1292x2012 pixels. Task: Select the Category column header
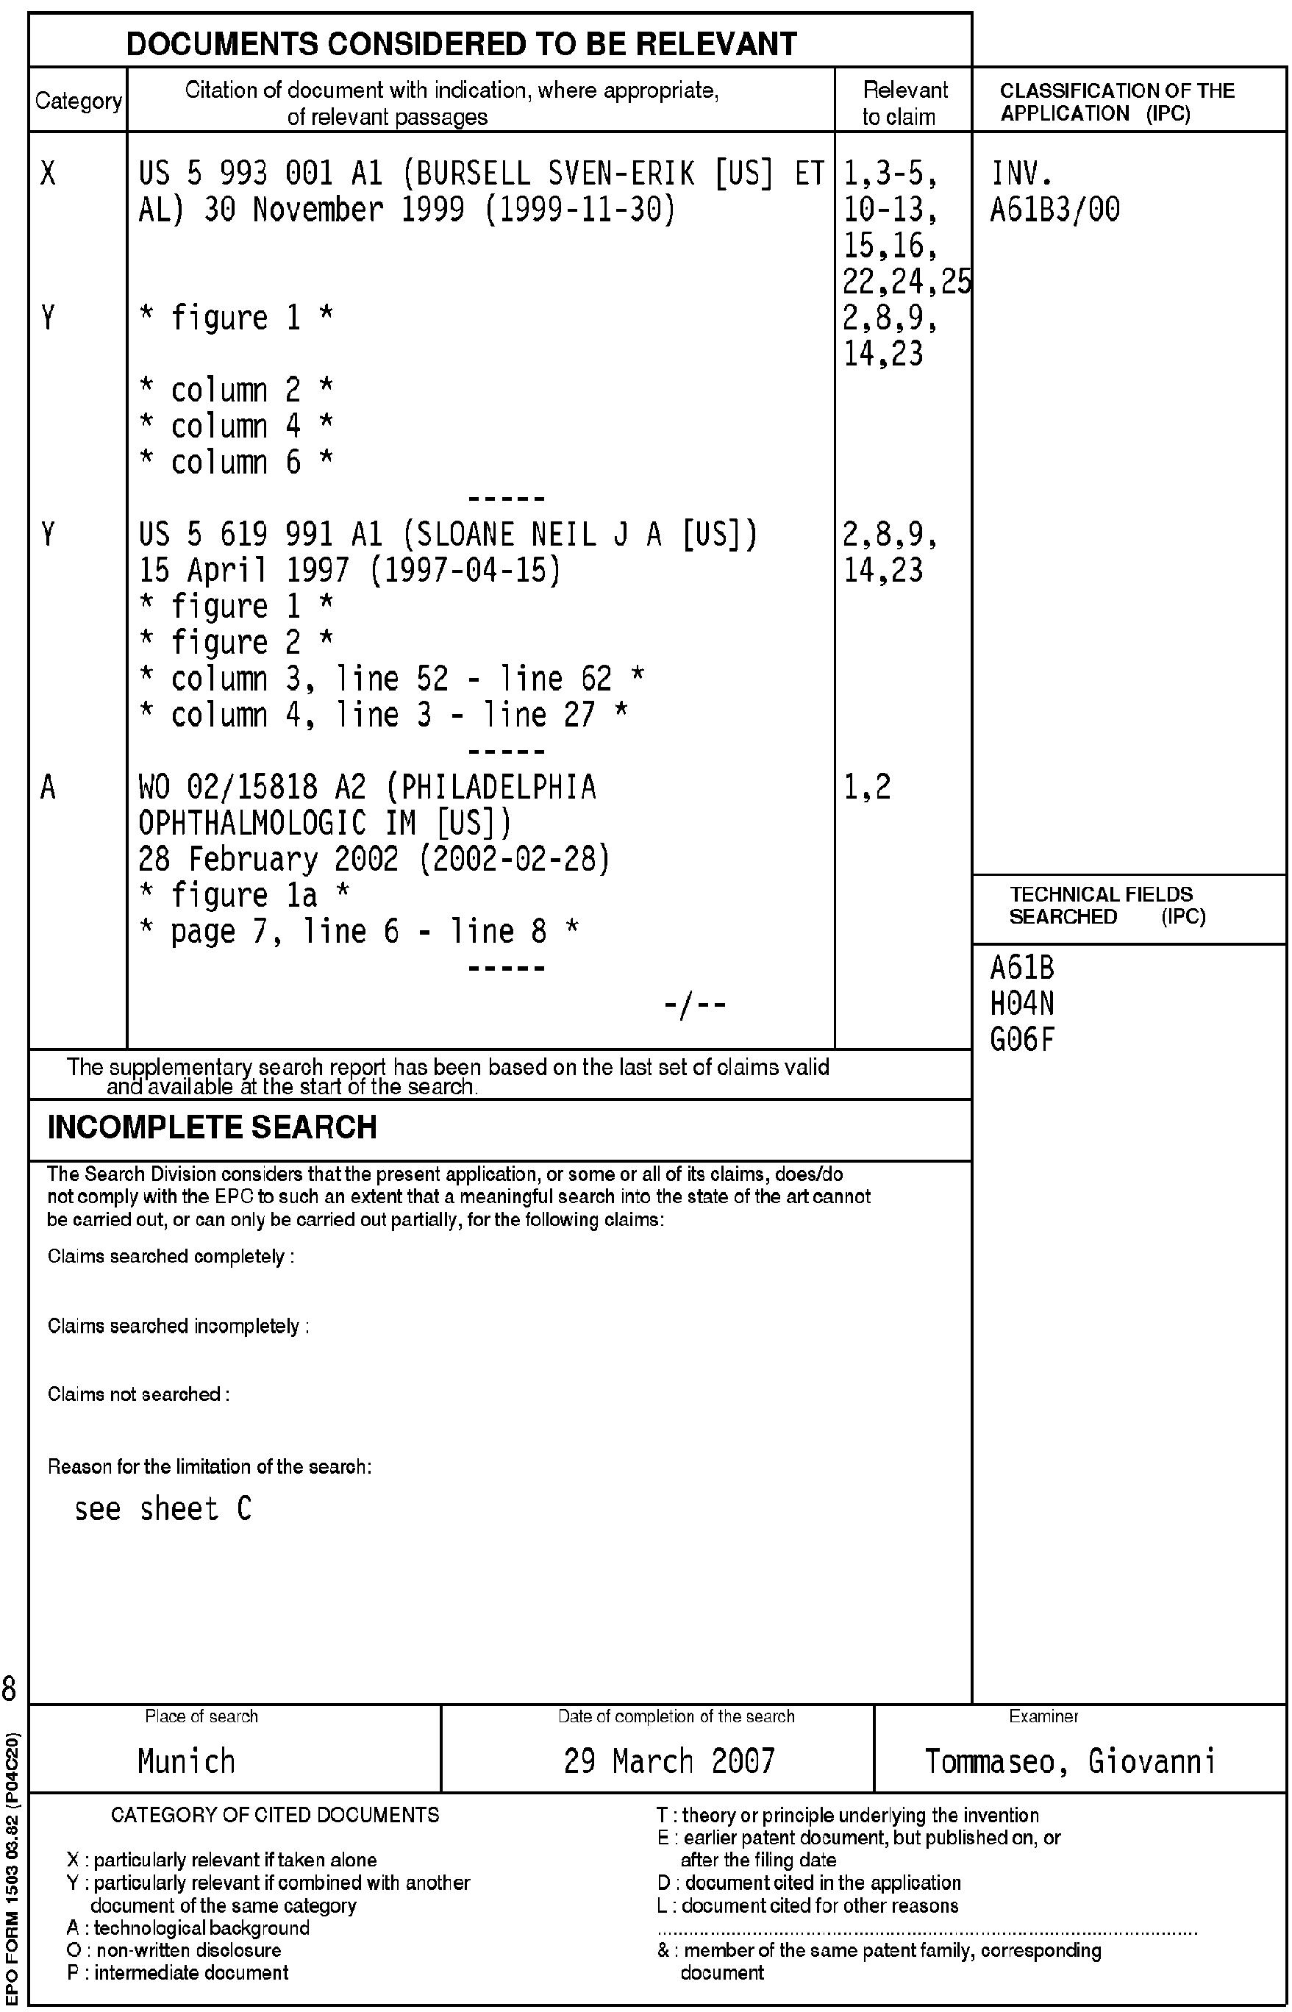pyautogui.click(x=78, y=101)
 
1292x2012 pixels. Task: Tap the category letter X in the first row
pyautogui.click(x=49, y=174)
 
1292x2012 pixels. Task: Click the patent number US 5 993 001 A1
pyautogui.click(x=260, y=174)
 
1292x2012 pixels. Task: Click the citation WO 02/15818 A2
pyautogui.click(x=251, y=787)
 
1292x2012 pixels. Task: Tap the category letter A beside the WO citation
pyautogui.click(x=49, y=787)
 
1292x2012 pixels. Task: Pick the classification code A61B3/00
pyautogui.click(x=1054, y=210)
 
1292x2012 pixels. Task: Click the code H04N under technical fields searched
pyautogui.click(x=1022, y=1004)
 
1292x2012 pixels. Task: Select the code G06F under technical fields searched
pyautogui.click(x=1022, y=1040)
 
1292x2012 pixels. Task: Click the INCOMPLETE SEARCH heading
pyautogui.click(x=212, y=1127)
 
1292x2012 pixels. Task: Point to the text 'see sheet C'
pyautogui.click(x=163, y=1510)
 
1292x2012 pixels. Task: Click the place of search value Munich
pyautogui.click(x=186, y=1760)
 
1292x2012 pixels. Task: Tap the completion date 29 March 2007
pyautogui.click(x=668, y=1760)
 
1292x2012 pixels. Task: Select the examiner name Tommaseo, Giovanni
pyautogui.click(x=1070, y=1760)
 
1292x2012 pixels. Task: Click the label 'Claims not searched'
pyautogui.click(x=138, y=1394)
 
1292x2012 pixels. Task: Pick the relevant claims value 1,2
pyautogui.click(x=867, y=787)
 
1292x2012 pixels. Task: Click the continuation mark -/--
pyautogui.click(x=695, y=1005)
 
